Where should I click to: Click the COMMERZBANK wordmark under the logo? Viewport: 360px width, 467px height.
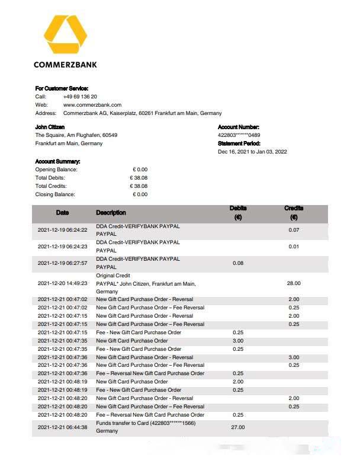[x=65, y=65]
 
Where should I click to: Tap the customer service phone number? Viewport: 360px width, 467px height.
[x=80, y=96]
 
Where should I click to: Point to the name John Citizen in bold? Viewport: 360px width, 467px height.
[x=50, y=127]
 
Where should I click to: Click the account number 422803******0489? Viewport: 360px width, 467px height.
[x=239, y=135]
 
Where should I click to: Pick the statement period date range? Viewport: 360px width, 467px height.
[x=252, y=152]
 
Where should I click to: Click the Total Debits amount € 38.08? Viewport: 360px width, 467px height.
[x=139, y=178]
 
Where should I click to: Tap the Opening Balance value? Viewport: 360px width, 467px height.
[x=140, y=169]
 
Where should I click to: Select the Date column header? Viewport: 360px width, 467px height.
[x=63, y=213]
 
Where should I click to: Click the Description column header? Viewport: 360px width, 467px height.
[x=111, y=213]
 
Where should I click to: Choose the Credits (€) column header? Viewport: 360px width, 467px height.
[x=294, y=213]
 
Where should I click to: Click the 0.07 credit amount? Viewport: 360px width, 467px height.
[x=294, y=230]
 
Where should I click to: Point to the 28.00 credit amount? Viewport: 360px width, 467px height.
[x=294, y=284]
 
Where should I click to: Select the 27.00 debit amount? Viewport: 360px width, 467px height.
[x=238, y=427]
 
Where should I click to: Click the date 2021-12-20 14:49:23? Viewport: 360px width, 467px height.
[x=62, y=284]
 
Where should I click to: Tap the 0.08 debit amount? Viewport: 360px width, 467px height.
[x=238, y=263]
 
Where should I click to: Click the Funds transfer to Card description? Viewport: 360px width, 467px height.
[x=146, y=423]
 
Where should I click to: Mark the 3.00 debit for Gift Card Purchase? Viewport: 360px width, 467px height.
[x=238, y=341]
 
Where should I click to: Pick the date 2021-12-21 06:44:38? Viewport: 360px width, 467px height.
[x=62, y=427]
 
